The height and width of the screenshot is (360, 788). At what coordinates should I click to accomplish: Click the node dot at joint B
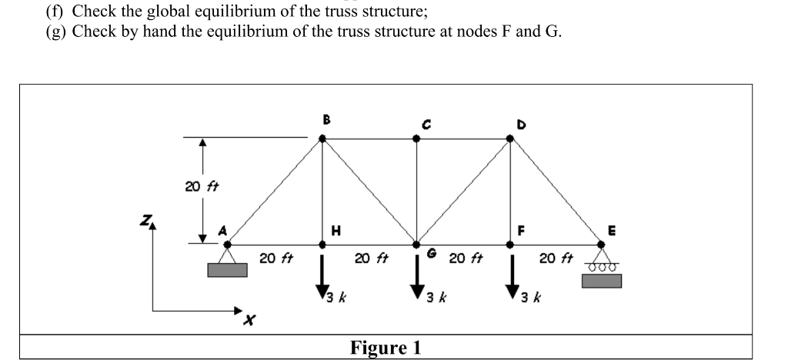tap(322, 139)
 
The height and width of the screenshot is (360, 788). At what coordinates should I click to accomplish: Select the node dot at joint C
tap(416, 139)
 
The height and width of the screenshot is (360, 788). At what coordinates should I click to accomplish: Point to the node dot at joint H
tap(322, 245)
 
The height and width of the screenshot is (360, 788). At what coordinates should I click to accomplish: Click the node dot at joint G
tap(416, 245)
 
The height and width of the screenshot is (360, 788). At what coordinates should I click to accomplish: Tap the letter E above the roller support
tap(612, 228)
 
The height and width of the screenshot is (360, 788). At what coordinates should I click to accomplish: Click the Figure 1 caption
tap(386, 348)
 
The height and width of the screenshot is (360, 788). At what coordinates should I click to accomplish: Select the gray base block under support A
tap(228, 270)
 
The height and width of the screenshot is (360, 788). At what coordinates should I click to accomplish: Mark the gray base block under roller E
tap(602, 280)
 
